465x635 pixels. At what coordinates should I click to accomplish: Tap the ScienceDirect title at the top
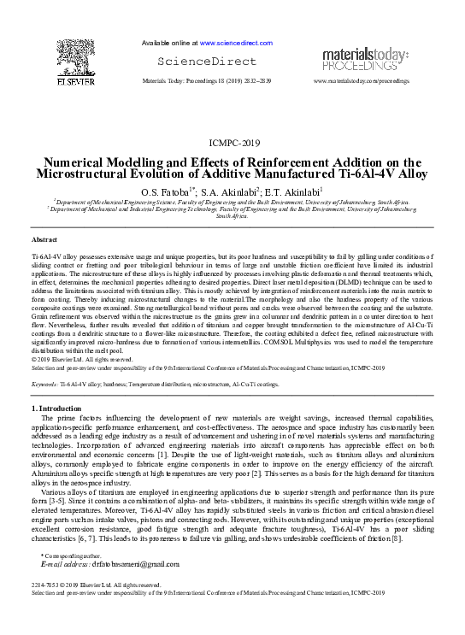click(x=206, y=62)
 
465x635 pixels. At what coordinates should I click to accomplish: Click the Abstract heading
click(x=44, y=242)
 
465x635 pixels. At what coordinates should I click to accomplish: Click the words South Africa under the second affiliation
click(x=232, y=216)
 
